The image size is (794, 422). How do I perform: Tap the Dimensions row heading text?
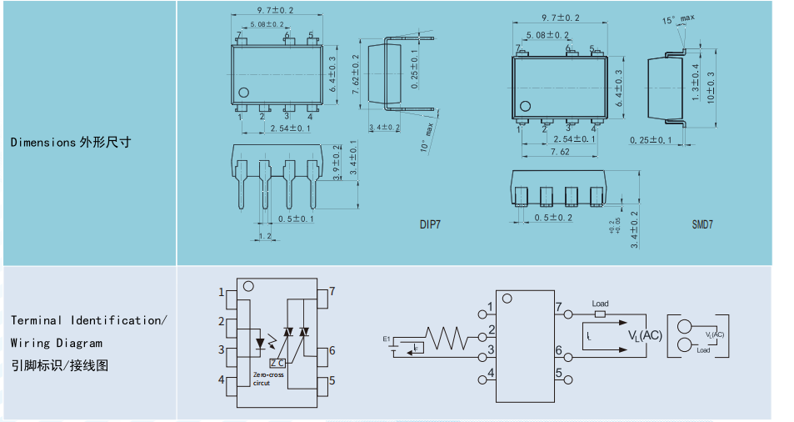pyautogui.click(x=70, y=142)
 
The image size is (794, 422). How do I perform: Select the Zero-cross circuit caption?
pyautogui.click(x=268, y=380)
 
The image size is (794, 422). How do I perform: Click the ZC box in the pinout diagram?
pyautogui.click(x=277, y=363)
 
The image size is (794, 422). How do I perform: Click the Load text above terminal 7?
pyautogui.click(x=600, y=304)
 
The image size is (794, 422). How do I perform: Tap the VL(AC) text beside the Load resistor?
pyautogui.click(x=645, y=335)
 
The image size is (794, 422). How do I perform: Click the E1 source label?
pyautogui.click(x=387, y=339)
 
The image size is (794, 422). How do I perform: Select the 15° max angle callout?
pyautogui.click(x=678, y=18)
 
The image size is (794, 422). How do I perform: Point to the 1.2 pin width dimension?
pyautogui.click(x=266, y=236)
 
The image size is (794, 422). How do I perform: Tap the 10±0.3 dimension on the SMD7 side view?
pyautogui.click(x=710, y=87)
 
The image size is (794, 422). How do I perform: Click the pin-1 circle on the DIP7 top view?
pyautogui.click(x=243, y=93)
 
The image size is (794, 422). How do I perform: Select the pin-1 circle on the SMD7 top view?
pyautogui.click(x=525, y=106)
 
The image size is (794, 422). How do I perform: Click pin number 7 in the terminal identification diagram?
pyautogui.click(x=332, y=291)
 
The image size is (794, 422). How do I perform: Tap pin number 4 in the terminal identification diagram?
pyautogui.click(x=222, y=380)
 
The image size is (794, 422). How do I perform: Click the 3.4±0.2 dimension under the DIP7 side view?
pyautogui.click(x=384, y=128)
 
